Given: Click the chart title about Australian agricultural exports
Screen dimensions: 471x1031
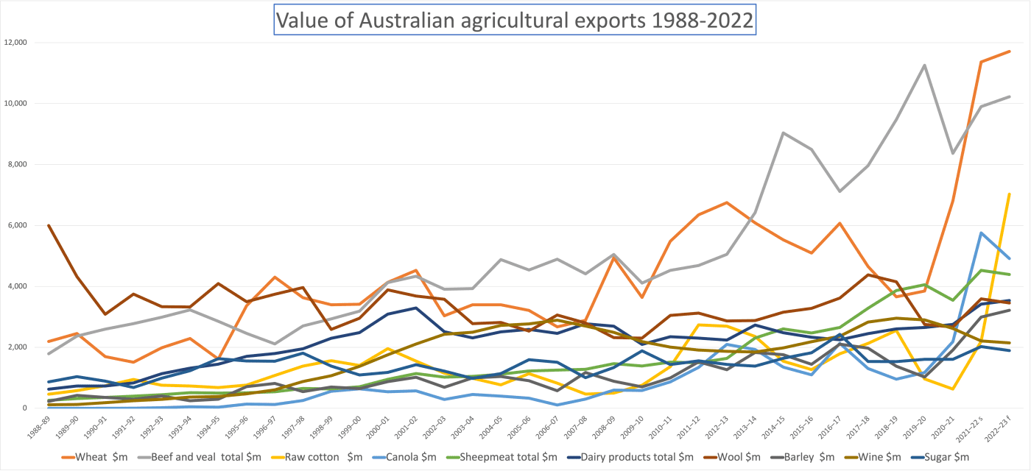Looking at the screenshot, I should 514,20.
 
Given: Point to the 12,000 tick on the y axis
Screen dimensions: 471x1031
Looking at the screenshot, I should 15,42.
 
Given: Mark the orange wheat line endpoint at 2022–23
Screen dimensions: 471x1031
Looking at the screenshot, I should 1009,52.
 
